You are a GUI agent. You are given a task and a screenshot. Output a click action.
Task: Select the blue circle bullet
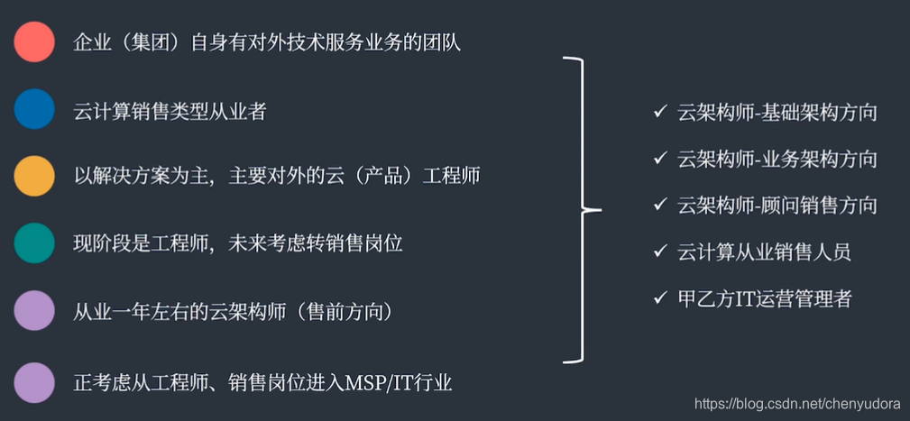click(34, 109)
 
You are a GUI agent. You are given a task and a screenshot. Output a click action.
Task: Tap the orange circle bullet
click(34, 175)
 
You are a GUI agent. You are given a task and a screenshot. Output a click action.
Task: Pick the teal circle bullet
click(34, 243)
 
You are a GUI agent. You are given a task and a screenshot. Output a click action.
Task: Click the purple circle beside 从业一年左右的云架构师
click(34, 312)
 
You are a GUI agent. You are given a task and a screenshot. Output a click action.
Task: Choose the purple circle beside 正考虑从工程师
click(34, 382)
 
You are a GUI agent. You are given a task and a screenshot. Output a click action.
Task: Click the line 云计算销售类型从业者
click(170, 112)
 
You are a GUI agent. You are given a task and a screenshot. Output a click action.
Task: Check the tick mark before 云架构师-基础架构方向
click(659, 113)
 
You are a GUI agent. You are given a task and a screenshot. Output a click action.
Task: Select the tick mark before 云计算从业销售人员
click(659, 251)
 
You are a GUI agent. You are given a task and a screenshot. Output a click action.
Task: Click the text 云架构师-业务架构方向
click(777, 160)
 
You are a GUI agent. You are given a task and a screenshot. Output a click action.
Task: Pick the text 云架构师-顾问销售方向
click(777, 206)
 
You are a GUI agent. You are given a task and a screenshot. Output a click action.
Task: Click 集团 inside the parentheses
click(150, 42)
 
